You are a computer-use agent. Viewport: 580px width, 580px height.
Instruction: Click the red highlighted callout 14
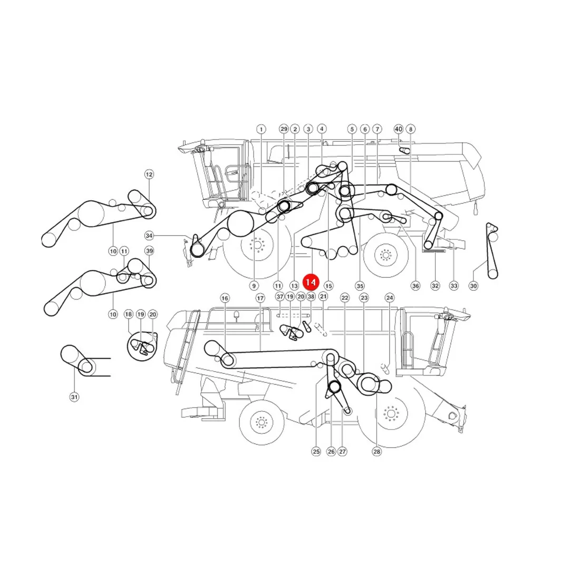coord(311,282)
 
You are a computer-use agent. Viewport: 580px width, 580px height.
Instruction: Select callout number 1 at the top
coord(261,129)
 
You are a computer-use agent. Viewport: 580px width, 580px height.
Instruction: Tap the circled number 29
coord(284,129)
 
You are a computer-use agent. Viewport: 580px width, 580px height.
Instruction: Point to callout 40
coord(399,129)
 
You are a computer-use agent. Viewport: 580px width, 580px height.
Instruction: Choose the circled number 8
coord(411,129)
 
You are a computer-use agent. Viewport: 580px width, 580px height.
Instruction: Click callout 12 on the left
coord(149,174)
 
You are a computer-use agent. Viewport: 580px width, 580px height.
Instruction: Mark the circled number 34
coord(149,236)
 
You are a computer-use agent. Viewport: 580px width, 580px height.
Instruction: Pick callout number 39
coord(149,251)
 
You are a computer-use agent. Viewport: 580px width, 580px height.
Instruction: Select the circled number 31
coord(74,397)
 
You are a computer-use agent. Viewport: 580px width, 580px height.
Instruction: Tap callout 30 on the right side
coord(473,286)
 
